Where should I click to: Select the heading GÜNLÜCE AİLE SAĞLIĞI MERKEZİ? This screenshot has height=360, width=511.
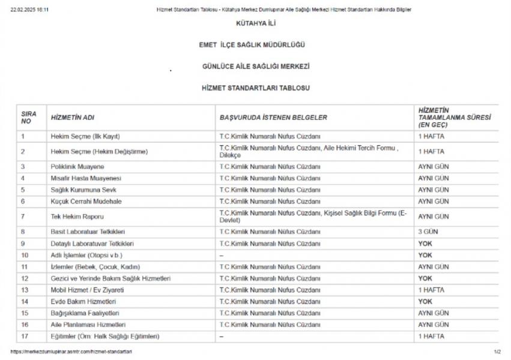(x=255, y=66)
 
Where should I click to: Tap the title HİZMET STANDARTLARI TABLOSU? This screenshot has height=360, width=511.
(x=255, y=88)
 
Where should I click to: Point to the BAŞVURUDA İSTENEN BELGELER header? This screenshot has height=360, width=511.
(x=273, y=118)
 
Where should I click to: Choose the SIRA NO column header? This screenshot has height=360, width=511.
(x=29, y=118)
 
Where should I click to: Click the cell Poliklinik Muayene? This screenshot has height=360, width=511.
(x=77, y=166)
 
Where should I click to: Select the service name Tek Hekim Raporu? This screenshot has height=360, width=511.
(x=74, y=217)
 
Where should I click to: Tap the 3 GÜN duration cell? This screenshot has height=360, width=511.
(x=429, y=232)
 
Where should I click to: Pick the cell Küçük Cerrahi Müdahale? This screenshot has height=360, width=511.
(x=86, y=202)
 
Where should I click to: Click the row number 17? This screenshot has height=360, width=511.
(x=25, y=337)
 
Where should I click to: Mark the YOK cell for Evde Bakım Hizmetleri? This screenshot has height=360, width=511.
(x=425, y=302)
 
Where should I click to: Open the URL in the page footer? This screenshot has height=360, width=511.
(x=71, y=352)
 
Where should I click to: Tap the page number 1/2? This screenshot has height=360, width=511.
(x=497, y=352)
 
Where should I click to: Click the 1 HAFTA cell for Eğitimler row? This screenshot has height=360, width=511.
(x=431, y=337)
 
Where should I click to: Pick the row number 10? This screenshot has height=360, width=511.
(x=25, y=255)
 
